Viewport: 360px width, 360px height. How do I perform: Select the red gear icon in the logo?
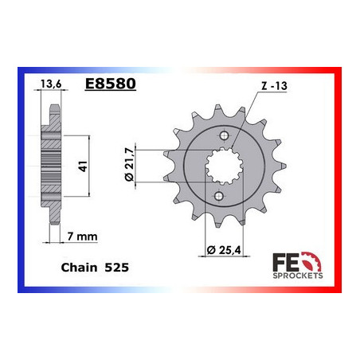tap(312, 261)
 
